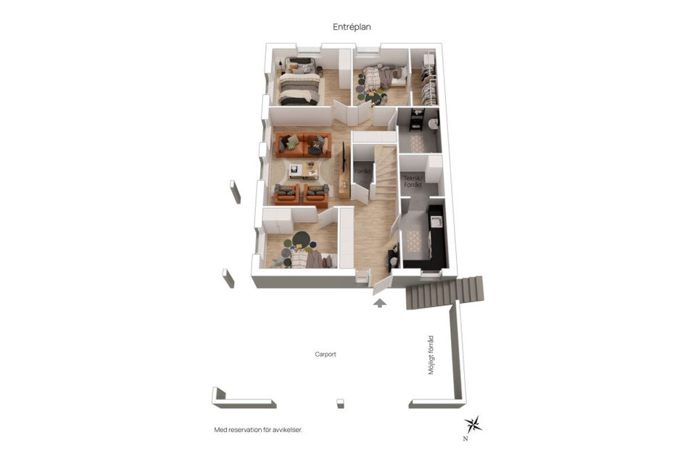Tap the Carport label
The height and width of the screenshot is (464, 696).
[326, 355]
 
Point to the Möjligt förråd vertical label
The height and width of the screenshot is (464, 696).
[431, 355]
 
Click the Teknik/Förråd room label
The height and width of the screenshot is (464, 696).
[413, 182]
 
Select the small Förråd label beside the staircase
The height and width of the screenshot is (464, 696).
[362, 172]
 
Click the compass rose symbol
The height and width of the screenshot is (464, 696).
[473, 423]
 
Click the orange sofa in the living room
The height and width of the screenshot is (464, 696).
[303, 144]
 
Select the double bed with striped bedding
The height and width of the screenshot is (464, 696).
[299, 86]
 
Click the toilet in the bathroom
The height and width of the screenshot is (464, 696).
[433, 125]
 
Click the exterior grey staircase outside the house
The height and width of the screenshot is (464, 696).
[444, 291]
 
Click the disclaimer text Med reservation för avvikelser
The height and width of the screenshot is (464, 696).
[257, 429]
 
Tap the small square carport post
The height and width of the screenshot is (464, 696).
[339, 402]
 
